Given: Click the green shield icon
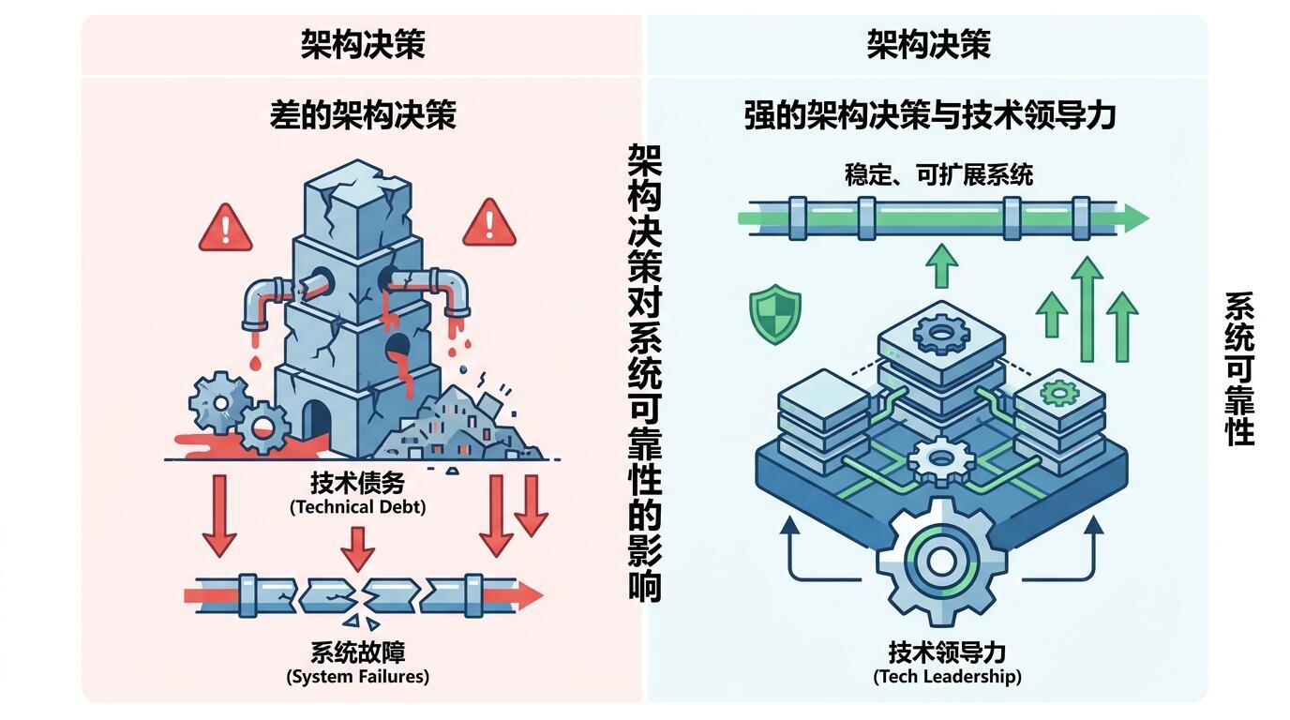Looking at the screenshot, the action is click(x=775, y=314).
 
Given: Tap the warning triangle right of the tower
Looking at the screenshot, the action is click(x=489, y=224).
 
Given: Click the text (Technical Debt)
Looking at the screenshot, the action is click(x=357, y=507).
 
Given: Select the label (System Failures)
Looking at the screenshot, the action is click(x=357, y=676).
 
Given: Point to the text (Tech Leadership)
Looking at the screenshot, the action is click(x=947, y=676).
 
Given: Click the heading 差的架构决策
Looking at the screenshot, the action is click(x=363, y=115).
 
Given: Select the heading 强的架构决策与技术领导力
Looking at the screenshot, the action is click(x=929, y=115).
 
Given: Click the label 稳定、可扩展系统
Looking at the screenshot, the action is click(x=938, y=174).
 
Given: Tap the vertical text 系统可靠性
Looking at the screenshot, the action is click(x=1239, y=368).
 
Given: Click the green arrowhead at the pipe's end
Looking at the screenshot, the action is click(x=1133, y=218).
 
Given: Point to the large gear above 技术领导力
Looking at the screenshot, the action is click(x=941, y=562).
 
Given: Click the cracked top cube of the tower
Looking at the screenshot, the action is click(x=357, y=207).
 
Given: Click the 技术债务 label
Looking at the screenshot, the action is click(x=357, y=483).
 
